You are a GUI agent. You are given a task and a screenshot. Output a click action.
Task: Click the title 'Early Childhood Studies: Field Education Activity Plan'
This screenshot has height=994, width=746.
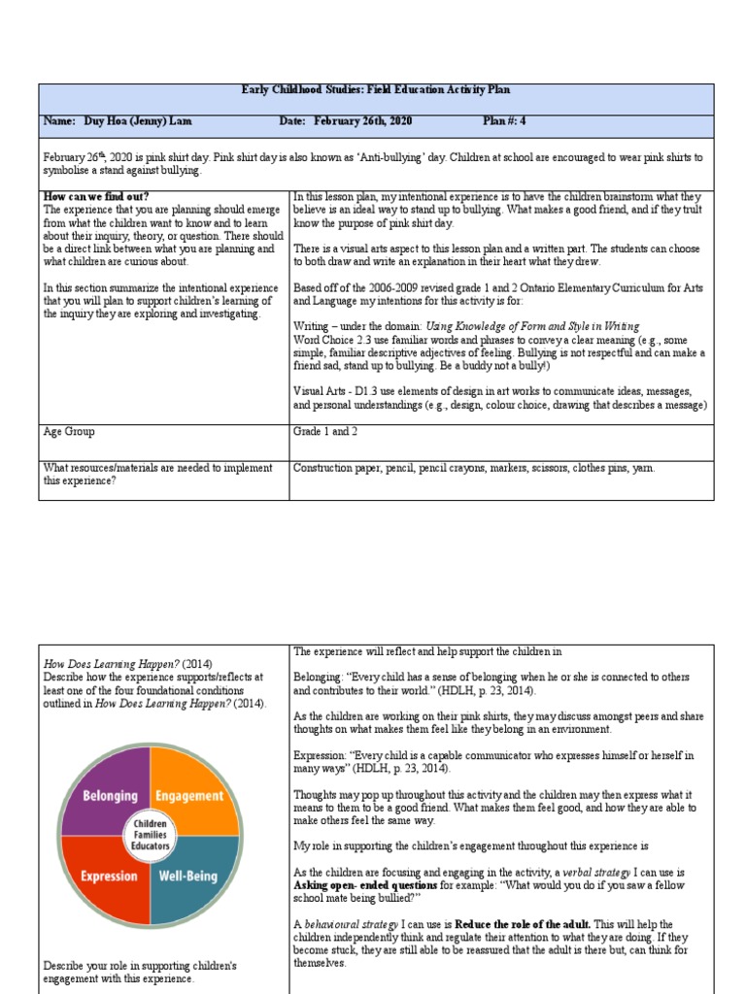click(x=375, y=90)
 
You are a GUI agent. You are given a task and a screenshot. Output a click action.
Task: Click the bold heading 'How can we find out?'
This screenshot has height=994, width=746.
click(x=96, y=196)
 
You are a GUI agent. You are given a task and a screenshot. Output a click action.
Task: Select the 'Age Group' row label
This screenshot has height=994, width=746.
click(x=69, y=431)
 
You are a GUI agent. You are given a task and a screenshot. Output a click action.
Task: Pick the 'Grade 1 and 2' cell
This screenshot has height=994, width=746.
click(x=325, y=431)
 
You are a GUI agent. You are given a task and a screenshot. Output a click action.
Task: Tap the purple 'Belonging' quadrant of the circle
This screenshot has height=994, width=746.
click(x=108, y=795)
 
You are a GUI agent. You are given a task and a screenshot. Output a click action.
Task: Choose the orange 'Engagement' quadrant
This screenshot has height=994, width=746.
click(x=189, y=795)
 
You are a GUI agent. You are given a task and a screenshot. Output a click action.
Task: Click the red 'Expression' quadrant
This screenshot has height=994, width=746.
click(x=108, y=876)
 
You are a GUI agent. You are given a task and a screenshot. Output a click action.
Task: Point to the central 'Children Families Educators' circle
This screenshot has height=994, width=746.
click(x=149, y=834)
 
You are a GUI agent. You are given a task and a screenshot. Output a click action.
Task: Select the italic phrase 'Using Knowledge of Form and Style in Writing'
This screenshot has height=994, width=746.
click(x=533, y=327)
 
